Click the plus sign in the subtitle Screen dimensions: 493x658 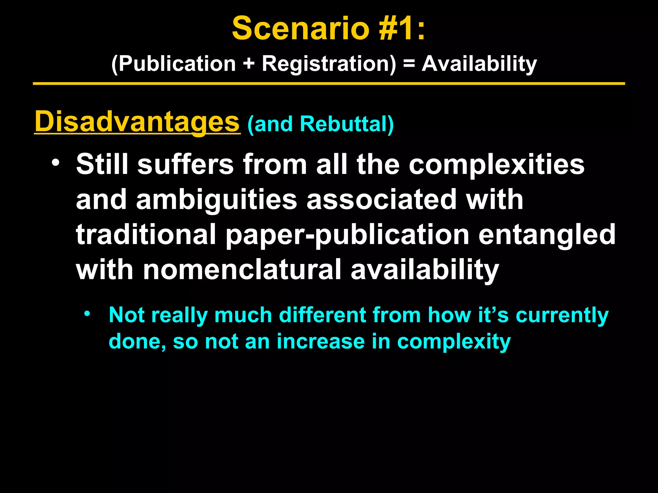(x=249, y=64)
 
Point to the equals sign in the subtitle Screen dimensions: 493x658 (x=409, y=64)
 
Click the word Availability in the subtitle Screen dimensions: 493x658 (x=479, y=64)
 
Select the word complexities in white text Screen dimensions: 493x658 (x=496, y=164)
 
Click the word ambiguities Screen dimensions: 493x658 (x=217, y=200)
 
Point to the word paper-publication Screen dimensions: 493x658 (x=347, y=235)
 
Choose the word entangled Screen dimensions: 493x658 (x=547, y=235)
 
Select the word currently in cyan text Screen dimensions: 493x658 (x=562, y=315)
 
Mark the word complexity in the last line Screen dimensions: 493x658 (x=454, y=342)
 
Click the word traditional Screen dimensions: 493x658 (x=146, y=235)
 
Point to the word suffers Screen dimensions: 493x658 (x=185, y=164)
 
